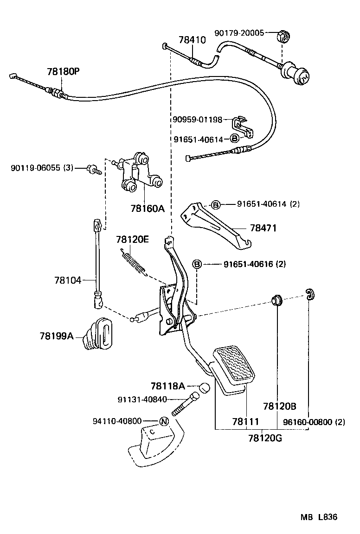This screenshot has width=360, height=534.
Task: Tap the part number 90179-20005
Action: tap(239, 33)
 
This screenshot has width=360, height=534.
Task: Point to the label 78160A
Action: tap(148, 209)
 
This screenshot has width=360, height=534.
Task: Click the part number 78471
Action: tap(263, 228)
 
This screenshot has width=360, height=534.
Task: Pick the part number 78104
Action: tap(67, 280)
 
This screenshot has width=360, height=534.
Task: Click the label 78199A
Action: tap(57, 335)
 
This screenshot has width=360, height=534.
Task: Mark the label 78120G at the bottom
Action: tap(265, 438)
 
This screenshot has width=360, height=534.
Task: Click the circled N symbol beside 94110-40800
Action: tap(163, 421)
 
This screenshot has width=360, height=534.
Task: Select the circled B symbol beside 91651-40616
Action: tap(197, 264)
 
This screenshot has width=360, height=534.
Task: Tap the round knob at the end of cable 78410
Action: tap(298, 75)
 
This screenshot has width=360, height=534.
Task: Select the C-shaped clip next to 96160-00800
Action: tap(309, 294)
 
